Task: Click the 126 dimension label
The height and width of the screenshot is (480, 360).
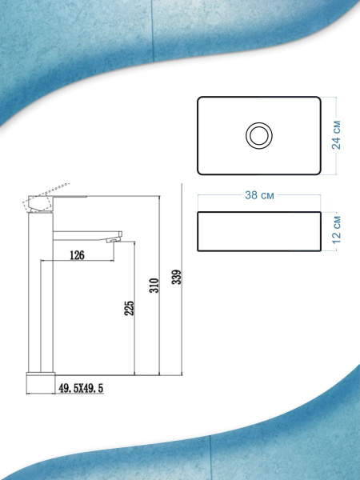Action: (x=77, y=255)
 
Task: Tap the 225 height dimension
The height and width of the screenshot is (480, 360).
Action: (x=129, y=308)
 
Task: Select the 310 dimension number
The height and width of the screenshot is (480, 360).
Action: (x=154, y=286)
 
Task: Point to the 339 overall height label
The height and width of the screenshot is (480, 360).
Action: (x=177, y=277)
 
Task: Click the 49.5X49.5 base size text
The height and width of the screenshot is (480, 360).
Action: (x=81, y=388)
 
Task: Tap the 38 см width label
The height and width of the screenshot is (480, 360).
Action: (x=259, y=195)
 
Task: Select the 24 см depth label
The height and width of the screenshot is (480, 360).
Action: (x=336, y=135)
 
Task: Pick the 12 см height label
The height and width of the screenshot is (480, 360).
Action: (x=336, y=230)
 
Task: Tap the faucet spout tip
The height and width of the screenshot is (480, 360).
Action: (x=114, y=241)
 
